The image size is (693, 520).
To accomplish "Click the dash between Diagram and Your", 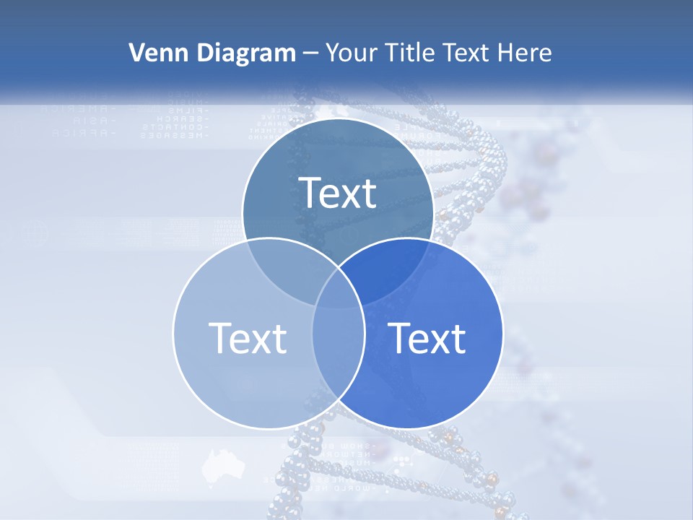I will point(310,53).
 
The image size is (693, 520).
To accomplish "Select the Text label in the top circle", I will point(338,193).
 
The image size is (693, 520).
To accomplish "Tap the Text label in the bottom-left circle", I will point(248,337).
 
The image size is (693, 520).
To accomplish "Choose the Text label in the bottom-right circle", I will point(427,337).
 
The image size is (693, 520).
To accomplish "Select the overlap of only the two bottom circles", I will point(338,361).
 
